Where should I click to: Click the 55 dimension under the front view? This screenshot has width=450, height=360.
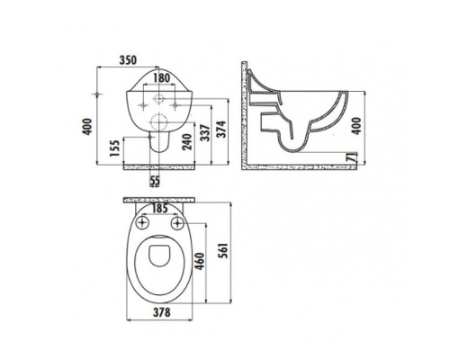tap(157, 181)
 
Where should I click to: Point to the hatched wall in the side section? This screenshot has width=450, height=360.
tap(250, 112)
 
